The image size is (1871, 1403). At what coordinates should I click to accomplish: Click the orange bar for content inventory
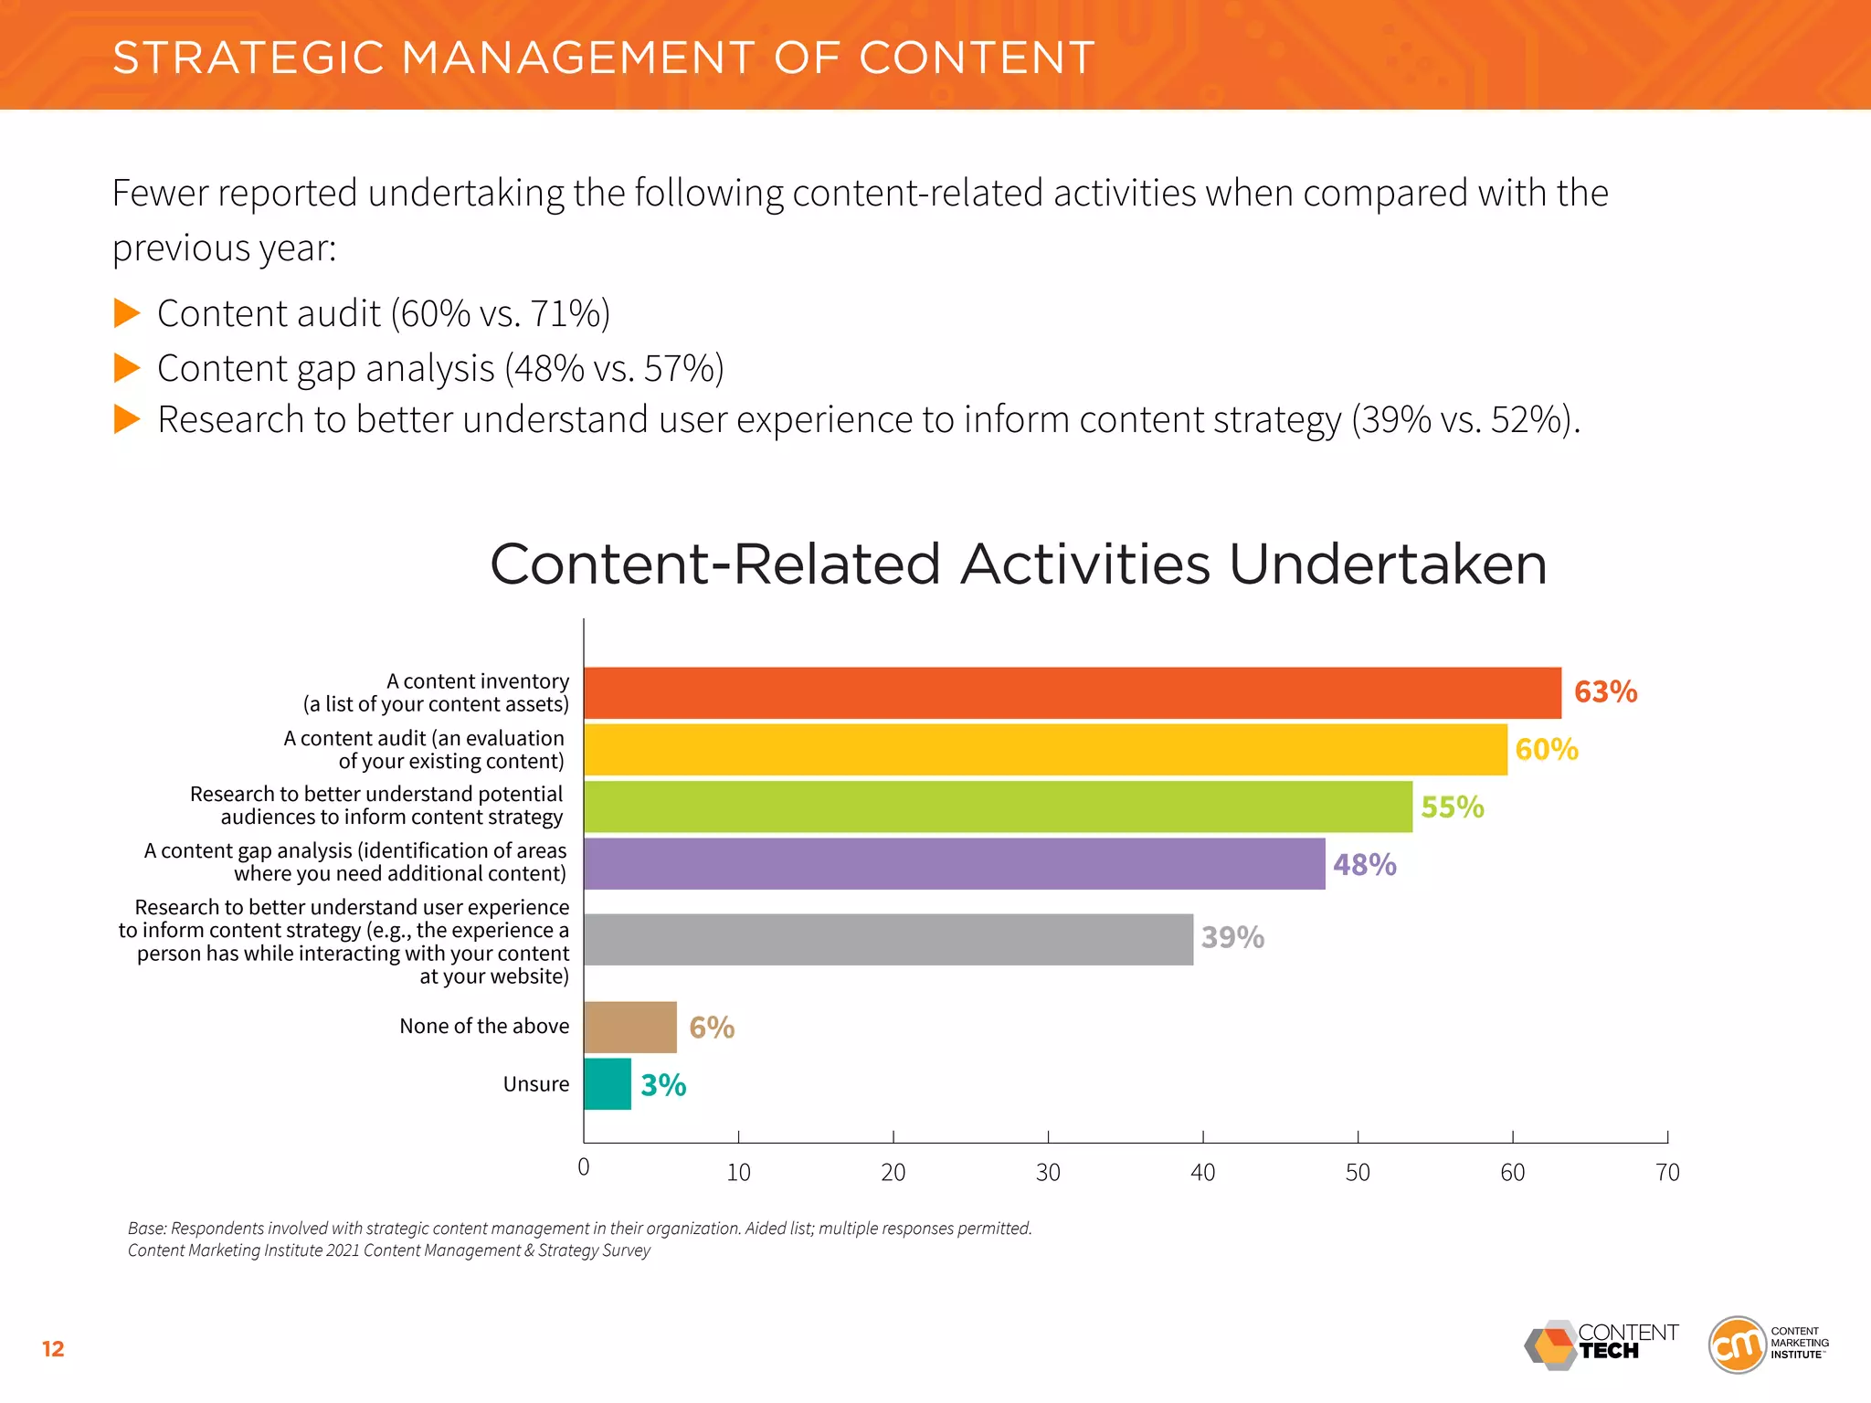[1072, 692]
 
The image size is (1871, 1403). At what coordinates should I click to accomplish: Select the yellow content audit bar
[1045, 750]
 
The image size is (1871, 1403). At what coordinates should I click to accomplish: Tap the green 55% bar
[998, 807]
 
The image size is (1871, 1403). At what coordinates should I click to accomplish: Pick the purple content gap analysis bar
[954, 863]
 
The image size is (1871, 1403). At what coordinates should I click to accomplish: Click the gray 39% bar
[888, 939]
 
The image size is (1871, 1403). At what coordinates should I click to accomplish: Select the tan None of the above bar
[630, 1027]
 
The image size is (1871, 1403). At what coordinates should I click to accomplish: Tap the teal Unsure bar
[608, 1084]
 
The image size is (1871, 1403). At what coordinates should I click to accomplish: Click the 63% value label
[1605, 691]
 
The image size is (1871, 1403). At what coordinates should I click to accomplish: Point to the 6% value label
[712, 1028]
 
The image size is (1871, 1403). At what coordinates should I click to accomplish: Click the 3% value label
[663, 1085]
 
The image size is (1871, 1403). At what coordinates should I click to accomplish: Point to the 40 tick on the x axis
[1202, 1172]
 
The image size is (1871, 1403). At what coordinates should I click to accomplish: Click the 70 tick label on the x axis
[1667, 1172]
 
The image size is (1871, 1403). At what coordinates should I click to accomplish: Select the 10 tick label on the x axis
[738, 1172]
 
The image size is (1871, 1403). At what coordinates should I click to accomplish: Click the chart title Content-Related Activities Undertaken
[1018, 564]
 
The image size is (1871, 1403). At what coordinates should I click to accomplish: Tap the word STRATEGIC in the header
[248, 58]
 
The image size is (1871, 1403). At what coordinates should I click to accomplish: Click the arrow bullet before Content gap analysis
[127, 368]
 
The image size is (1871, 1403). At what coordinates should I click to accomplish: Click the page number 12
[53, 1349]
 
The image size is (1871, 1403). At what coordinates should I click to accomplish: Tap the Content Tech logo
[1601, 1345]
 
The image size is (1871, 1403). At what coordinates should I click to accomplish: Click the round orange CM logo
[1737, 1345]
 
